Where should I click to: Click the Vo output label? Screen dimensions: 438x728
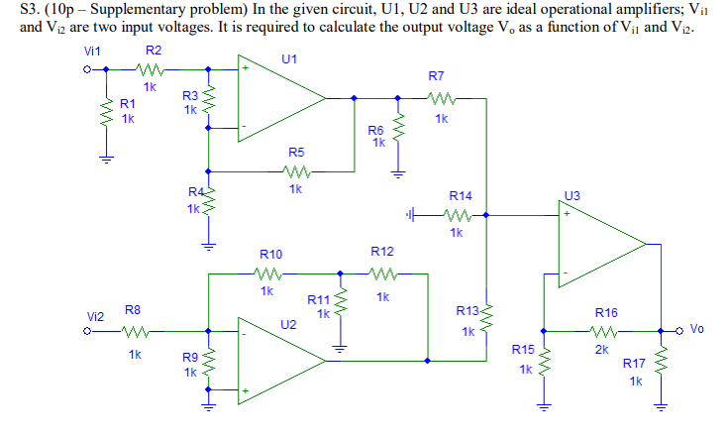[x=697, y=329]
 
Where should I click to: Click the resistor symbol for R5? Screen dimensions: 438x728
[x=296, y=170]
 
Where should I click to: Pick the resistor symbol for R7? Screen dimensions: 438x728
[x=440, y=97]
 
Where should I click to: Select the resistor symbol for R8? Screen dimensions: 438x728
[x=135, y=332]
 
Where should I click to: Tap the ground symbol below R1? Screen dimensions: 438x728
[x=103, y=156]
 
